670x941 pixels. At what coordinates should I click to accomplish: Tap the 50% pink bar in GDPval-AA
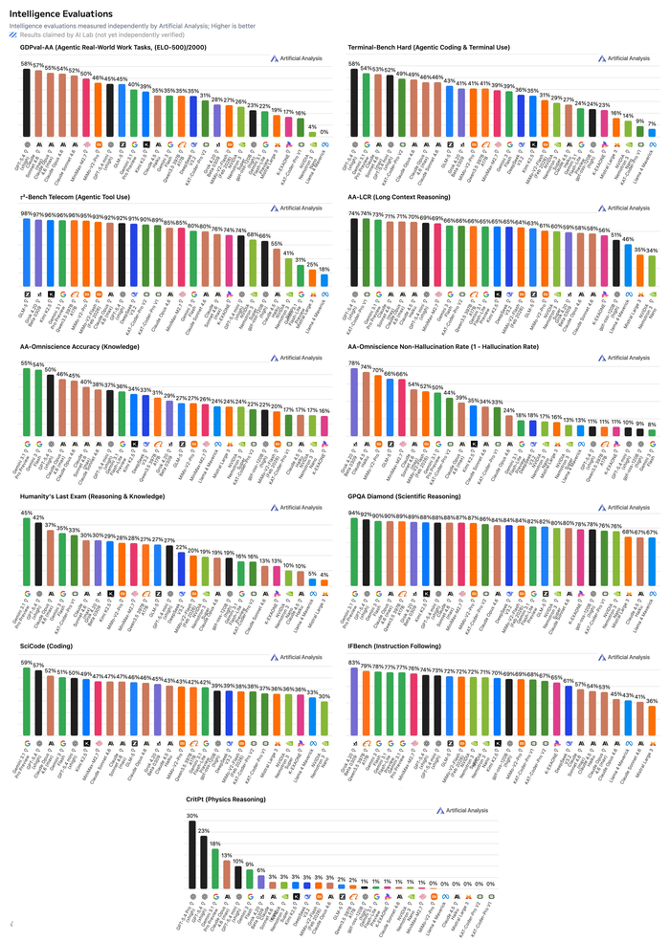coord(86,108)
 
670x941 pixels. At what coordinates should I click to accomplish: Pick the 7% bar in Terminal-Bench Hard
coord(652,132)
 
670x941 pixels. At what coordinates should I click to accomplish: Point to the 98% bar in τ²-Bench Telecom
coord(27,250)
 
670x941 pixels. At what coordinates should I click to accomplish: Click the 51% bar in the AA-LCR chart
coord(615,259)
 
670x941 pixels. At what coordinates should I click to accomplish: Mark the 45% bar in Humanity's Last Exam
coord(27,546)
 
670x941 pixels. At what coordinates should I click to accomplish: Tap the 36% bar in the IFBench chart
coord(652,721)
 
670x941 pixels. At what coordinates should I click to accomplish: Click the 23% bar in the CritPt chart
coord(203,857)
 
